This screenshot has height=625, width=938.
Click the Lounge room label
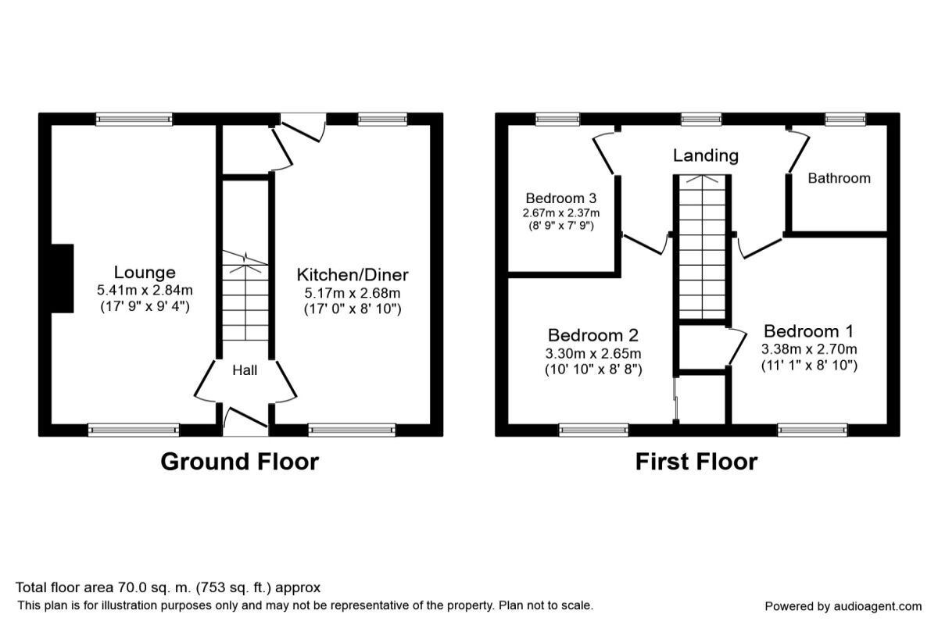[x=145, y=273]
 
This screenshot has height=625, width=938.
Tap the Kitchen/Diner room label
[x=352, y=275]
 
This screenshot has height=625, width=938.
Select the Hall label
[x=245, y=370]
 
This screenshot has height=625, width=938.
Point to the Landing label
[x=705, y=155]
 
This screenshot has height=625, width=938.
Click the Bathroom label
[x=839, y=178]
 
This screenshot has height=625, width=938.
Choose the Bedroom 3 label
[x=561, y=198]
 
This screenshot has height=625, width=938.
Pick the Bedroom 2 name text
[x=593, y=335]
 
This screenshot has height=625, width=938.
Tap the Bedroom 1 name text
[x=809, y=330]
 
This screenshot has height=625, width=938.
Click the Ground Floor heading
[x=239, y=462]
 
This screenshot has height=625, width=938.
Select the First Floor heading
[x=696, y=462]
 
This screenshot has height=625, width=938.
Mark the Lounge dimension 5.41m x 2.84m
[x=145, y=291]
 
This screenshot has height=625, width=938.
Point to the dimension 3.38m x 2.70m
[x=809, y=348]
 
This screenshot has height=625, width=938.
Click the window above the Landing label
[x=700, y=119]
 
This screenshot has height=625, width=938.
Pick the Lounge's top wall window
[x=134, y=119]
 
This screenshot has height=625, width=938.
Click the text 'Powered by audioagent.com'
[x=843, y=606]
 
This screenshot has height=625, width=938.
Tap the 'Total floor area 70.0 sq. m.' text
[x=168, y=587]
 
